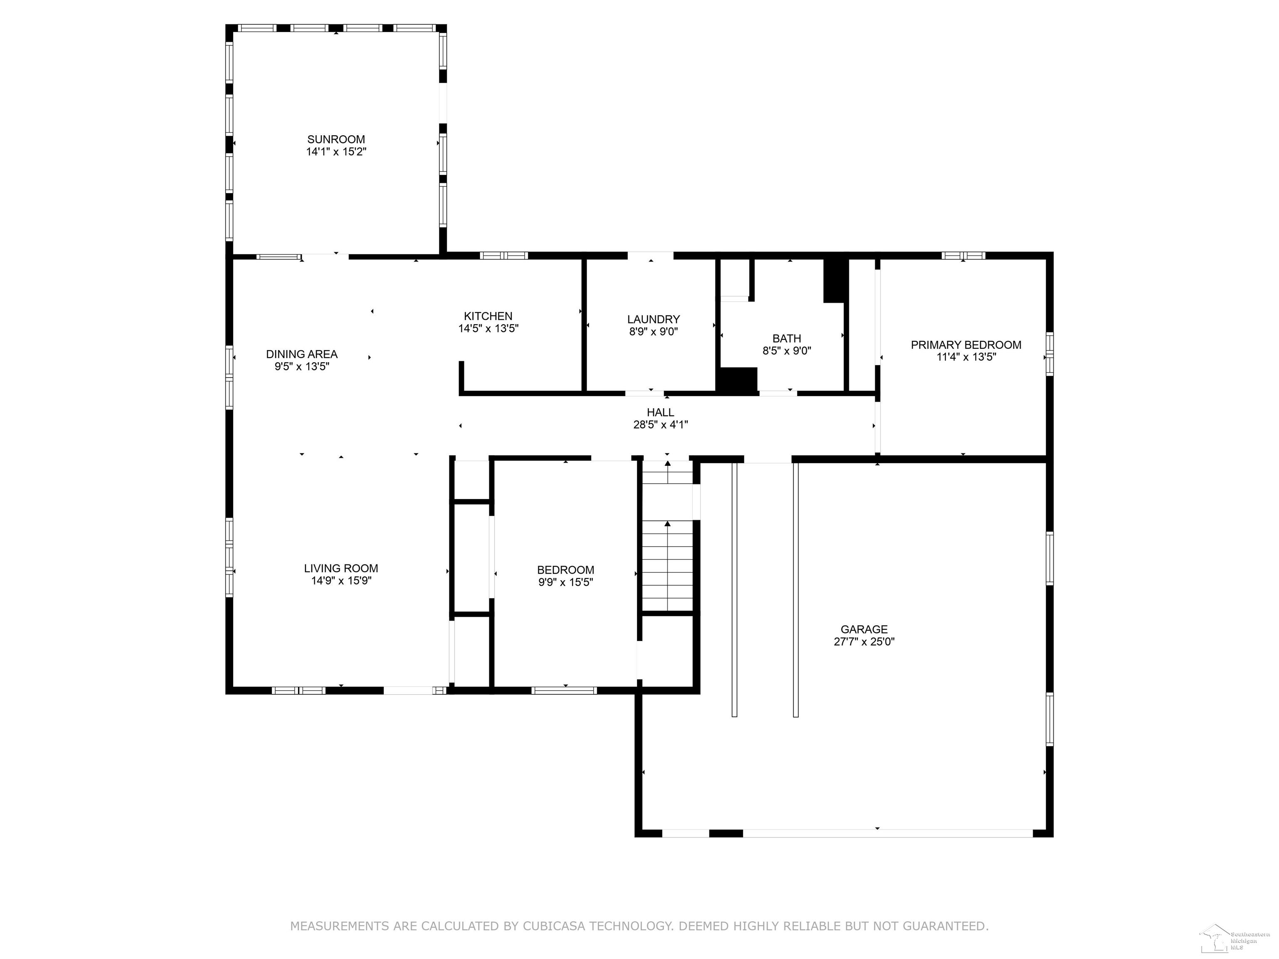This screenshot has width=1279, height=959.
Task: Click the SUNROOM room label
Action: point(336,139)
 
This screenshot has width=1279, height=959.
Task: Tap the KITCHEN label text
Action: point(488,316)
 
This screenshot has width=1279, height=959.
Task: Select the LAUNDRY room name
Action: point(653,319)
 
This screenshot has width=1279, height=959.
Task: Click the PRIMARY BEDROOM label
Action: point(966,345)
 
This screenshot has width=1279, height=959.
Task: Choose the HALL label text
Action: point(660,412)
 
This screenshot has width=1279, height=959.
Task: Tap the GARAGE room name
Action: point(864,629)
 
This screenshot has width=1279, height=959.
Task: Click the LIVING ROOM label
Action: point(341,568)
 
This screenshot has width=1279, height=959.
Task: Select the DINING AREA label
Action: point(302,354)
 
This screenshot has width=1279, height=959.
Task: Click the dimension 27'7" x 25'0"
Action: point(864,641)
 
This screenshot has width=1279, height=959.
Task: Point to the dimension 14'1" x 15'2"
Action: point(336,152)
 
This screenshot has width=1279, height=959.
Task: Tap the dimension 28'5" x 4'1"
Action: point(660,424)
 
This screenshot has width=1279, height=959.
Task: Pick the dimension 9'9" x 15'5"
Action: point(565,581)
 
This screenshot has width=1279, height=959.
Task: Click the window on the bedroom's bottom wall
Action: point(564,690)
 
